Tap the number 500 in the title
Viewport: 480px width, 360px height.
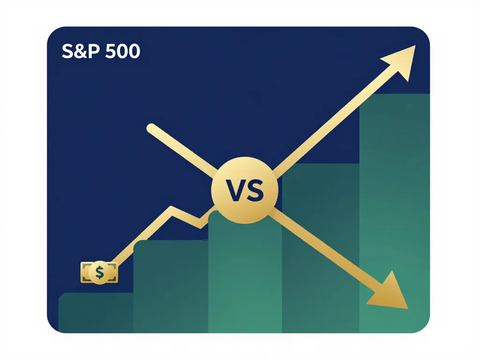coord(122,52)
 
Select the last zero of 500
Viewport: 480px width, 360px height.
coord(134,52)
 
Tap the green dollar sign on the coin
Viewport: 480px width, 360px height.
coord(99,272)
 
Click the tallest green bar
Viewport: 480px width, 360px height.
coord(394,211)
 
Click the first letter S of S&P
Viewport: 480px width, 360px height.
coord(67,52)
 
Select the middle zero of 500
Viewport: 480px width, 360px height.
coord(122,52)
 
